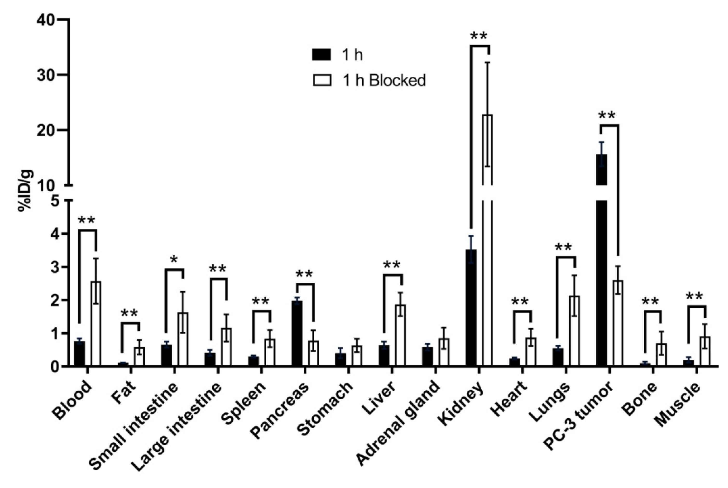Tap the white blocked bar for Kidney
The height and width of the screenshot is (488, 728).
487,249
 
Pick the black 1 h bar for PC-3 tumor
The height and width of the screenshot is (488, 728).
602,265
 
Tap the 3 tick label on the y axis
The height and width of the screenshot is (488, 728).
55,267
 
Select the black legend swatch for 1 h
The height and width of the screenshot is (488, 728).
322,55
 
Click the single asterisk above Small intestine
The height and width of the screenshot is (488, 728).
174,260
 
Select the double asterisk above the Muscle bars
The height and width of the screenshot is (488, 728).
694,296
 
